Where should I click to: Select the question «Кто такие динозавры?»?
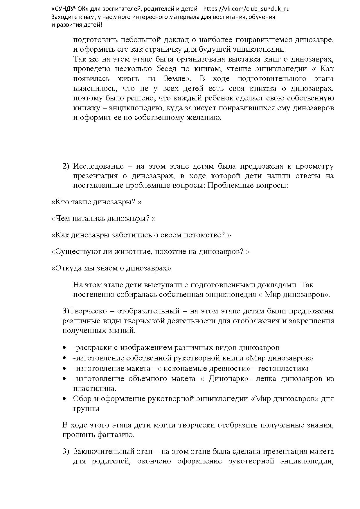point(96,202)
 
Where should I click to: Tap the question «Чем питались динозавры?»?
point(103,219)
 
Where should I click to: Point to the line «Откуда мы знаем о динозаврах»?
point(111,268)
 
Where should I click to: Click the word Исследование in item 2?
point(98,166)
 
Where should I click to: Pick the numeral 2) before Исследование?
point(66,166)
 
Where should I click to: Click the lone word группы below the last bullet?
point(86,409)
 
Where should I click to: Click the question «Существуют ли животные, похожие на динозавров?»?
point(150,252)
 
